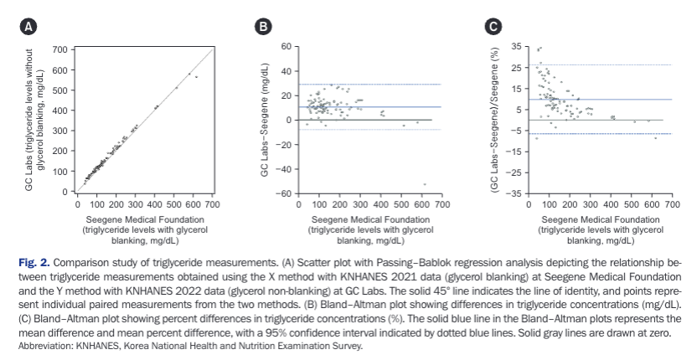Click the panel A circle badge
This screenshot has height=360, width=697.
pyautogui.click(x=28, y=27)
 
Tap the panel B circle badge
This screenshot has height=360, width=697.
pyautogui.click(x=263, y=27)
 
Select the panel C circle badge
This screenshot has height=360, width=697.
pyautogui.click(x=493, y=27)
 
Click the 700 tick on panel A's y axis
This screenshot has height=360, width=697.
pyautogui.click(x=59, y=49)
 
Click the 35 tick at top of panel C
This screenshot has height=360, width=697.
pyautogui.click(x=516, y=47)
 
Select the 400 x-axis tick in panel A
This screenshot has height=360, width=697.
pyautogui.click(x=154, y=204)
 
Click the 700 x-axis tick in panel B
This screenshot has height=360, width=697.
pyautogui.click(x=441, y=204)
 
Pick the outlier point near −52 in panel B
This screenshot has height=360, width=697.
pyautogui.click(x=425, y=184)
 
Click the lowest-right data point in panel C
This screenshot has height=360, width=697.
pyautogui.click(x=655, y=138)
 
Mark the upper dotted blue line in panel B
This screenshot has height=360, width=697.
pyautogui.click(x=369, y=84)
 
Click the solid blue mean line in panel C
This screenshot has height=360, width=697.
pyautogui.click(x=600, y=100)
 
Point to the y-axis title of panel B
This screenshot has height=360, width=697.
pyautogui.click(x=265, y=120)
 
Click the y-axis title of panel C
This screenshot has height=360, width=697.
pyautogui.click(x=494, y=120)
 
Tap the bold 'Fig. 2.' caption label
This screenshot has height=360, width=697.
pyautogui.click(x=34, y=262)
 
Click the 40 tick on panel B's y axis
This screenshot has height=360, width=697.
pyautogui.click(x=285, y=71)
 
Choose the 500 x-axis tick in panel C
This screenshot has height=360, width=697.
pyautogui.click(x=631, y=204)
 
